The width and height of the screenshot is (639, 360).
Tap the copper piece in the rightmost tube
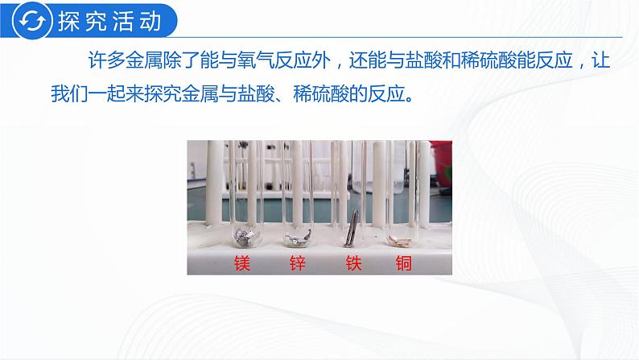tap(400, 239)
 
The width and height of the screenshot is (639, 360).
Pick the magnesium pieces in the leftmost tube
tap(242, 235)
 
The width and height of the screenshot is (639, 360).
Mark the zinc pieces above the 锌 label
tap(299, 237)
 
